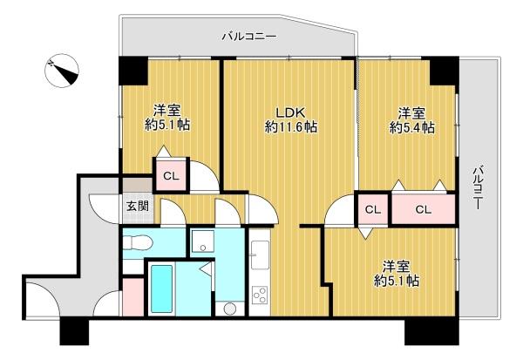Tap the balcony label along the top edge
click(248, 37)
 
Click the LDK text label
click(290, 112)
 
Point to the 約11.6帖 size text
click(290, 127)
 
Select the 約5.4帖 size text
click(411, 128)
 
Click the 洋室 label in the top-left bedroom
click(167, 111)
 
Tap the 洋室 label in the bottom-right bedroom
click(397, 266)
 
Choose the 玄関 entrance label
click(137, 207)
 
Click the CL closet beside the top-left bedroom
click(169, 177)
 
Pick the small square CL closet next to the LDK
click(372, 209)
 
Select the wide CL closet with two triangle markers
click(423, 209)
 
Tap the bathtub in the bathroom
click(163, 288)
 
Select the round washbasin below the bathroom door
click(229, 309)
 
